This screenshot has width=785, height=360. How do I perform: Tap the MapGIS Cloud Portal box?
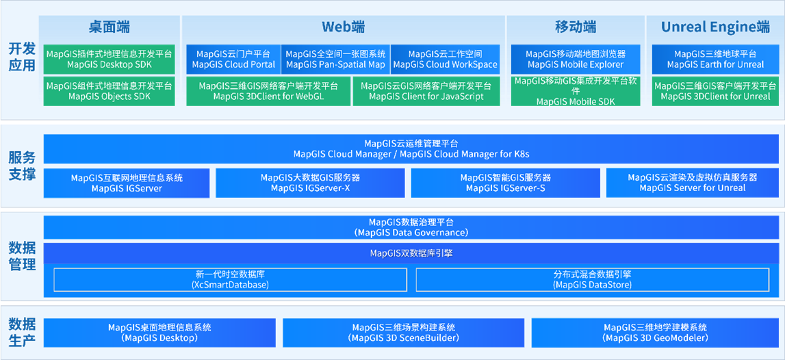[x=233, y=59]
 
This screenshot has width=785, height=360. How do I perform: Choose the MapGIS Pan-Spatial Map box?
[x=335, y=59]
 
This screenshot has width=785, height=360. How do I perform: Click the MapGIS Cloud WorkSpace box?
[x=445, y=59]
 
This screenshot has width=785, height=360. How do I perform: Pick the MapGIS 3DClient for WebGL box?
[x=268, y=91]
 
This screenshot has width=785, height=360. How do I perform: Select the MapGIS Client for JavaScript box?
[x=426, y=91]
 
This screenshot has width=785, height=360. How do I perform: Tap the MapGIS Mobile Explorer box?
[x=576, y=59]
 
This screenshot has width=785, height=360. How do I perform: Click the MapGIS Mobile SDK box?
[x=576, y=91]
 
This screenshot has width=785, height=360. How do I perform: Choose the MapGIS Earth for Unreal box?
[x=715, y=59]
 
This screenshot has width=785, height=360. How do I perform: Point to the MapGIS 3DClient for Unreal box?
[x=715, y=91]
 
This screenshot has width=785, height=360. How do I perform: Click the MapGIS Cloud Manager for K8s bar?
[x=411, y=149]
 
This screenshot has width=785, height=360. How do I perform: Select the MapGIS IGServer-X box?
[x=310, y=183]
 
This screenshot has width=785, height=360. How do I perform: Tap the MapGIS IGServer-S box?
[x=505, y=183]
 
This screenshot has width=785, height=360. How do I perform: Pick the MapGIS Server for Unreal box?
[x=693, y=183]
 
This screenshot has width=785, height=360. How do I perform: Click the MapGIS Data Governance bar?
[x=411, y=227]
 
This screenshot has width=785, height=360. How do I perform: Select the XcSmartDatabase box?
[x=230, y=279]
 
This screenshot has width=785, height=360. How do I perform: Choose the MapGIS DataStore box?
[x=593, y=279]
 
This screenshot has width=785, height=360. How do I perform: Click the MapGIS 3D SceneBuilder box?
[x=403, y=333]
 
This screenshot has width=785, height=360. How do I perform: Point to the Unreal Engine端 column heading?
[x=715, y=27]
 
